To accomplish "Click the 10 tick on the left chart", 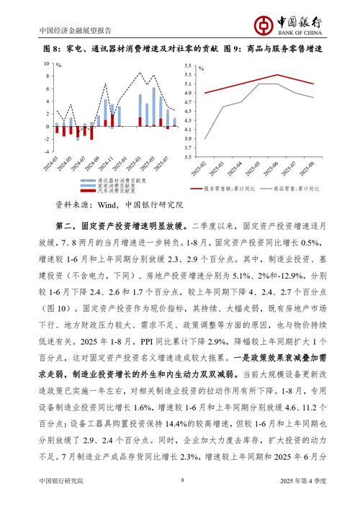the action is (x=48, y=64).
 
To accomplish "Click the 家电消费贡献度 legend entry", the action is (x=115, y=186).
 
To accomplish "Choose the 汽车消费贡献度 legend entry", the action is (x=115, y=192).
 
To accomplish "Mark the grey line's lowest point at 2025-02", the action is (x=205, y=138).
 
